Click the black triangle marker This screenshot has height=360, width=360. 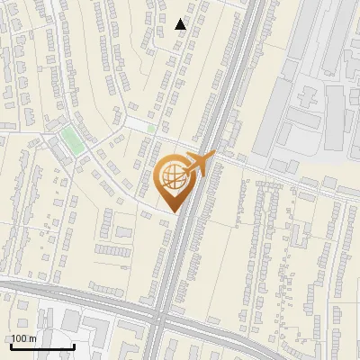(181, 24)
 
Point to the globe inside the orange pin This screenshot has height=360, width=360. (174, 179)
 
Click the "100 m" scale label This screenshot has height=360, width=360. (23, 338)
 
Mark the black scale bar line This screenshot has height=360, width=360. (42, 346)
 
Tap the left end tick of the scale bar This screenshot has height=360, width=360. (11, 345)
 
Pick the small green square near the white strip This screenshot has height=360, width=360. (151, 129)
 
